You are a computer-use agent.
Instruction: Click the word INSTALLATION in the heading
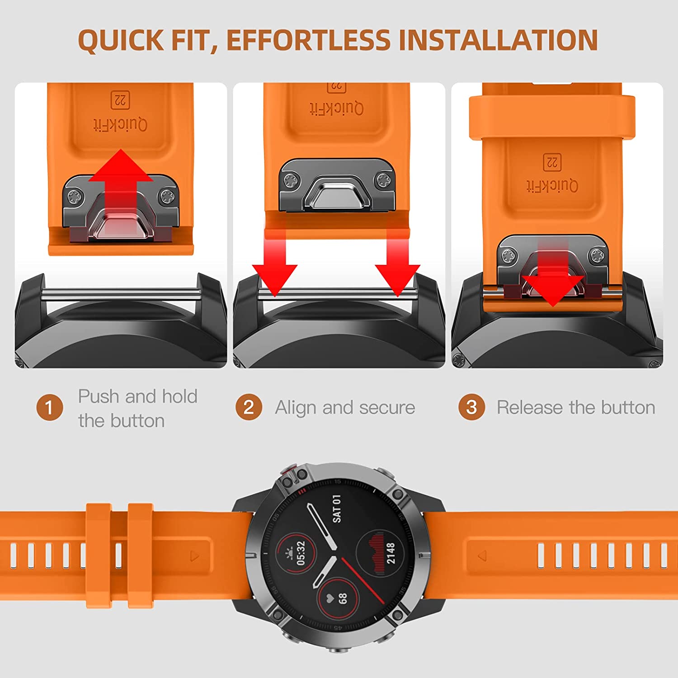pos(499,40)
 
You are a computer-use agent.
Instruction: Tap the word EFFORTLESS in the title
pos(308,40)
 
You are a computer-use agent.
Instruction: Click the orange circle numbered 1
pos(50,407)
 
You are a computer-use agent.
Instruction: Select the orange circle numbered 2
pos(249,407)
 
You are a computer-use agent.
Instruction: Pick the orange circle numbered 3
pos(471,407)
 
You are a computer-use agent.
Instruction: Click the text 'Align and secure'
pos(345,408)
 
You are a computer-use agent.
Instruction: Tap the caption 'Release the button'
pos(576,407)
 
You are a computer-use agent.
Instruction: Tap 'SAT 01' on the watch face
pos(337,509)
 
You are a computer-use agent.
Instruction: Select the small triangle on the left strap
pos(195,556)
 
